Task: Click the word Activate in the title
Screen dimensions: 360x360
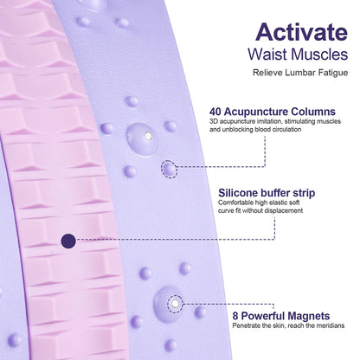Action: coord(301,32)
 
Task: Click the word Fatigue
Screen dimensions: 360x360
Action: coord(333,73)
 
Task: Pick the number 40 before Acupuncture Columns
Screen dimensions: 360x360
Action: coord(215,112)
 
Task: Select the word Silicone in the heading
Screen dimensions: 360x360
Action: coord(238,193)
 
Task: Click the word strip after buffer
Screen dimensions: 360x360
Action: coord(304,193)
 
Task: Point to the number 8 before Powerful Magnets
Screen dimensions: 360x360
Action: coord(235,316)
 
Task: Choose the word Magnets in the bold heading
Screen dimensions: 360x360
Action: coord(309,316)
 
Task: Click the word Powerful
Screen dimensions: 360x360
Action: coord(263,316)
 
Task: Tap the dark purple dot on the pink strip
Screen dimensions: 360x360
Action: coord(68,241)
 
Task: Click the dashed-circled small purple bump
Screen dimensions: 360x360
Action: coord(169,169)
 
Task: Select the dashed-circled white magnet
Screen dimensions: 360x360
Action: coord(175,304)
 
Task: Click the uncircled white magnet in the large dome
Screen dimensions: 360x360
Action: coord(148,135)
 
